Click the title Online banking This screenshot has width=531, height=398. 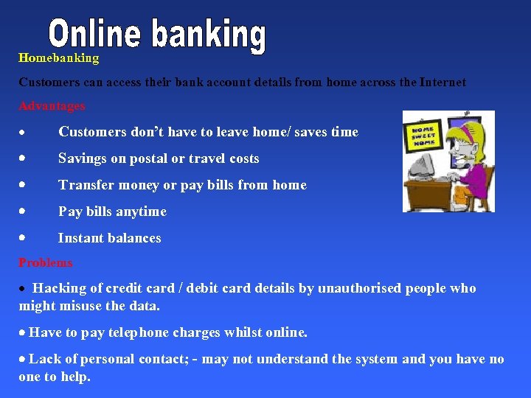point(157,35)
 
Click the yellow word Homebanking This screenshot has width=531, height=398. point(58,58)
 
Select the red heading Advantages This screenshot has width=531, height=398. point(52,106)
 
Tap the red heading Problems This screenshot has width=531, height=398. point(46,262)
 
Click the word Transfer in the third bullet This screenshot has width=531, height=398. point(85,185)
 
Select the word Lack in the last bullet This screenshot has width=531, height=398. point(45,359)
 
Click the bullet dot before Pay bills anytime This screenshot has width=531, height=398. point(24,211)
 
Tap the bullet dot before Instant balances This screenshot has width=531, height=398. point(24,237)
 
